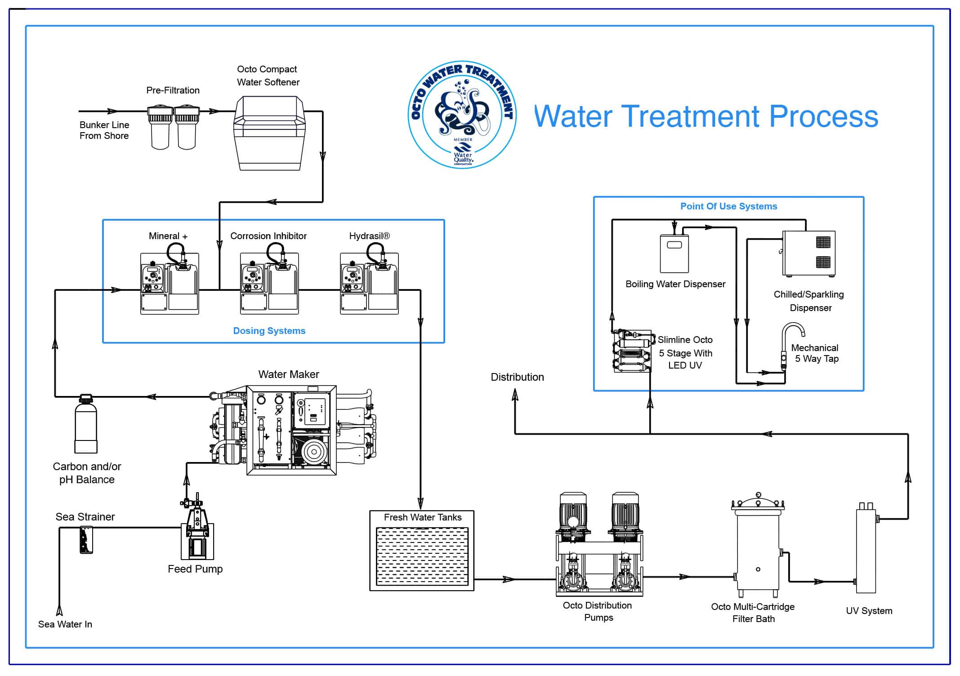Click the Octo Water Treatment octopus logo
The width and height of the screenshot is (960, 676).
point(462,115)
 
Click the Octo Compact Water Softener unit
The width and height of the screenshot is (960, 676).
point(269,133)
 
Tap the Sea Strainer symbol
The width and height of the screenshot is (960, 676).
point(86,540)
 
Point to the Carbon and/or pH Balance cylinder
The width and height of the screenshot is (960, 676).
point(86,425)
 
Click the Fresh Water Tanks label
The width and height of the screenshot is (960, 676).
point(422,517)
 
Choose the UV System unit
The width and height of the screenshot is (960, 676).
point(866,551)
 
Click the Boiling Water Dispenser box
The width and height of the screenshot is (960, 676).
point(674,254)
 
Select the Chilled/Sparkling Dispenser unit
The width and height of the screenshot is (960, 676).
point(809,253)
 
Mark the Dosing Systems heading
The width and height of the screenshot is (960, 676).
point(269,331)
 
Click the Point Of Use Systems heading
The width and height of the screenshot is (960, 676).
point(728,206)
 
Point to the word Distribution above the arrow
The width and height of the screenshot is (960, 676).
point(517,377)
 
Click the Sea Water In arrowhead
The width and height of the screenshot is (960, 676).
point(59,610)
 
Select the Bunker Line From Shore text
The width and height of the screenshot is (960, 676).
point(104,130)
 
